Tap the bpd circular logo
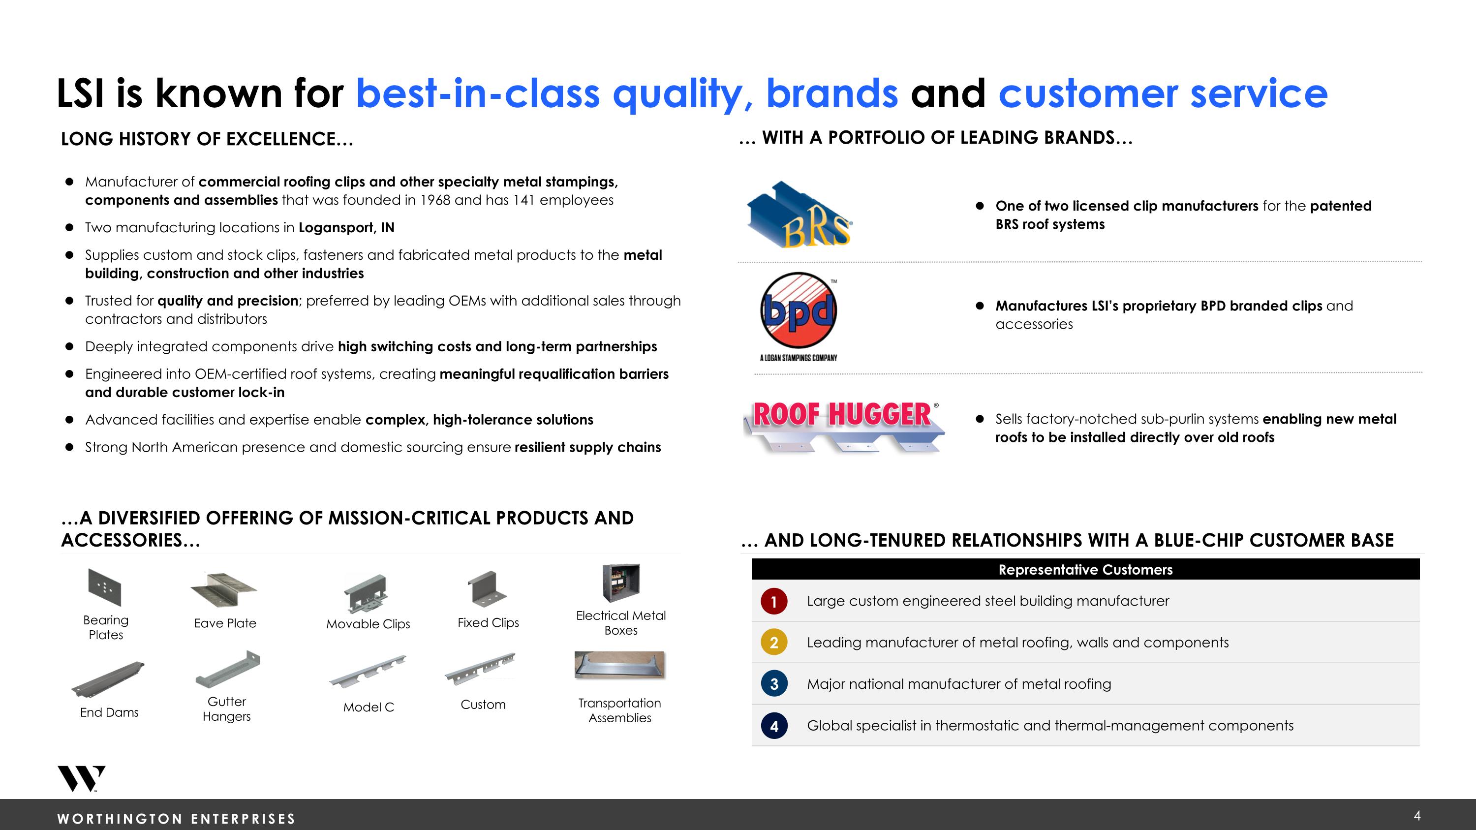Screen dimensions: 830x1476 click(798, 310)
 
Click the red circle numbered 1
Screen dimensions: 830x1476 click(773, 601)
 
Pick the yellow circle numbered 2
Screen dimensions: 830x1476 click(773, 643)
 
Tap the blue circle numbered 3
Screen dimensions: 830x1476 click(773, 684)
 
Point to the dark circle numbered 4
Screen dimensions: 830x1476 click(773, 726)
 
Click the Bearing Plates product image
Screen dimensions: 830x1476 click(105, 586)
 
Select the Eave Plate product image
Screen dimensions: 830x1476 click(223, 589)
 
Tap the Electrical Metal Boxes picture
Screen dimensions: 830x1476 click(620, 583)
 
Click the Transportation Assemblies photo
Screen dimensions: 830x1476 click(619, 665)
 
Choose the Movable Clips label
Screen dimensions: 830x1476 click(368, 624)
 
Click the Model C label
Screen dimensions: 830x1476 click(369, 707)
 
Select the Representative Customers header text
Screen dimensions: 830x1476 click(1085, 569)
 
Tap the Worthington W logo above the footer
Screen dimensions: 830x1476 click(81, 778)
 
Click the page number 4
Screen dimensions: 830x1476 click(1417, 816)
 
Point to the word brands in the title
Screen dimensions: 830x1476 click(832, 93)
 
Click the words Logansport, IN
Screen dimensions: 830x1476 click(346, 227)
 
